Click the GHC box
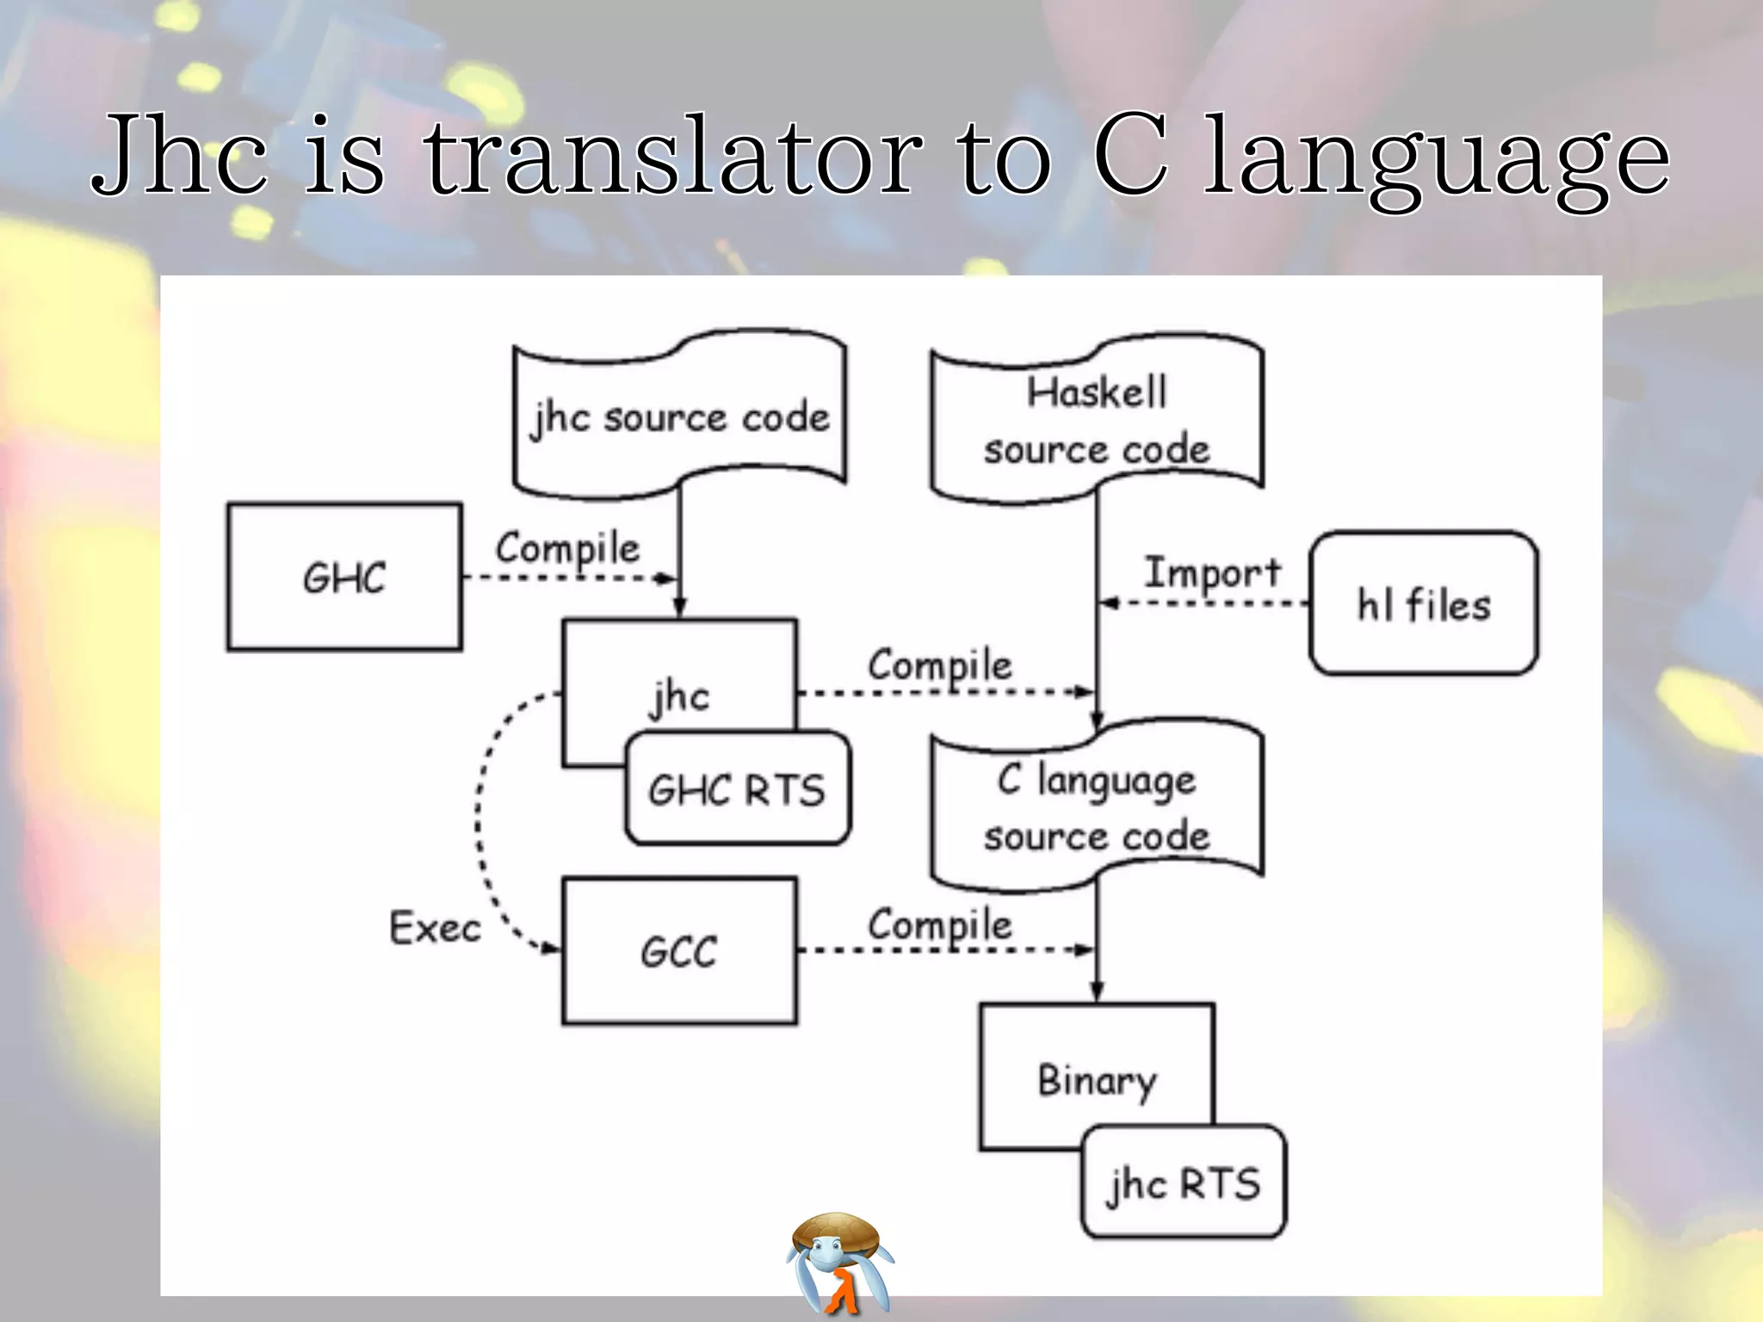[x=344, y=577]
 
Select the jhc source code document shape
[x=679, y=417]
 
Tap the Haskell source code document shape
[x=1097, y=421]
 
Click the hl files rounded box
[x=1423, y=603]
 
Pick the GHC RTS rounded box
[x=737, y=789]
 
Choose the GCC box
[x=679, y=951]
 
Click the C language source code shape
[x=1097, y=807]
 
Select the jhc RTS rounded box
[x=1184, y=1183]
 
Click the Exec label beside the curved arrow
[x=435, y=928]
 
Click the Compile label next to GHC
[x=567, y=548]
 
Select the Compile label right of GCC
[x=939, y=925]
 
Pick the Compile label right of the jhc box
[x=939, y=665]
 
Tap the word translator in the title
[x=673, y=157]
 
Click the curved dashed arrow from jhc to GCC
[x=479, y=818]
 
